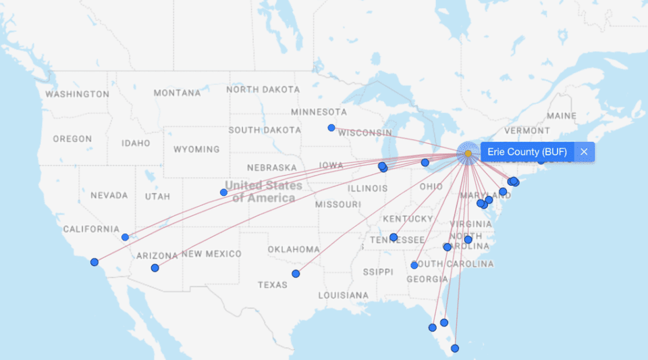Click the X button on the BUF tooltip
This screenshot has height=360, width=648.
coord(584,152)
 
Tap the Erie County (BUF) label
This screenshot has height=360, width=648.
coord(526,152)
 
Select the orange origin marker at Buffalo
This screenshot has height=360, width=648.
coord(468,154)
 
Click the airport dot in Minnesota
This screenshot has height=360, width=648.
coord(331,128)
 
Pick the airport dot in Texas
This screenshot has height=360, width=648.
coord(296,274)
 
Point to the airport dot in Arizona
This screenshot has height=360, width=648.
coord(155,268)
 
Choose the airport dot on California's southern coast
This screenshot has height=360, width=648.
coord(94,262)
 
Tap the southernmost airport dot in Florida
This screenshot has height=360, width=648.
coord(455,349)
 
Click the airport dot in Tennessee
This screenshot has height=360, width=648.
coord(394,237)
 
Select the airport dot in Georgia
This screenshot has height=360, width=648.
coord(414,265)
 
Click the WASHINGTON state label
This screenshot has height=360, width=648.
coord(77,94)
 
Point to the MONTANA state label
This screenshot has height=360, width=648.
coord(177,93)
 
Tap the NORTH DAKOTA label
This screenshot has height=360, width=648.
coord(263,89)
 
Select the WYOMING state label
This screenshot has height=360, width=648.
coord(196,149)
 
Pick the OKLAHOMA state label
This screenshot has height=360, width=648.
coord(293,249)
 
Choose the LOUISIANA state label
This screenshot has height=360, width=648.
coord(344,295)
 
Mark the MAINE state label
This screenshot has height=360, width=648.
coord(562,116)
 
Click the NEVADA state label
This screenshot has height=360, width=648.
coord(109,195)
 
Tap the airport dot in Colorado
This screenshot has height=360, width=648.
coord(224,192)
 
